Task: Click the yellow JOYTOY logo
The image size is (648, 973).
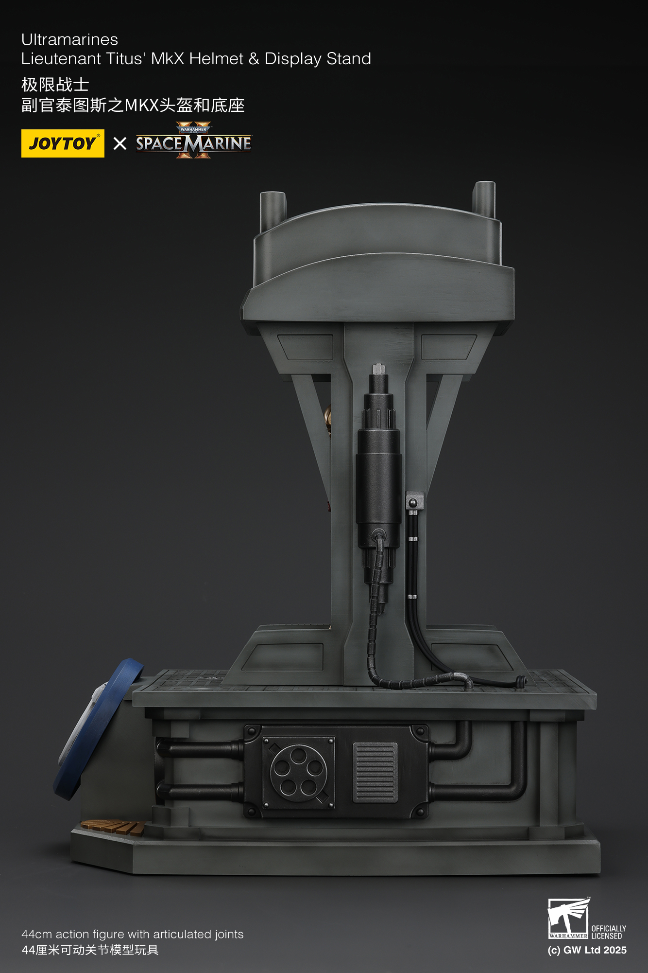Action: (x=63, y=143)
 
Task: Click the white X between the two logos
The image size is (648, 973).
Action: (x=119, y=143)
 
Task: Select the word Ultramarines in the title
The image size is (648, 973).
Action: (x=69, y=39)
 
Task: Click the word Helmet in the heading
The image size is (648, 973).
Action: (x=216, y=59)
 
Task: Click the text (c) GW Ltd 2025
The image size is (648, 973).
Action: (x=587, y=950)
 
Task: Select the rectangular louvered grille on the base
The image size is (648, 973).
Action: (x=375, y=772)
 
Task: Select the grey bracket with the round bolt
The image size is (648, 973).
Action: (x=414, y=500)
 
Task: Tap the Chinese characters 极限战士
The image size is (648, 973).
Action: (x=55, y=85)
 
